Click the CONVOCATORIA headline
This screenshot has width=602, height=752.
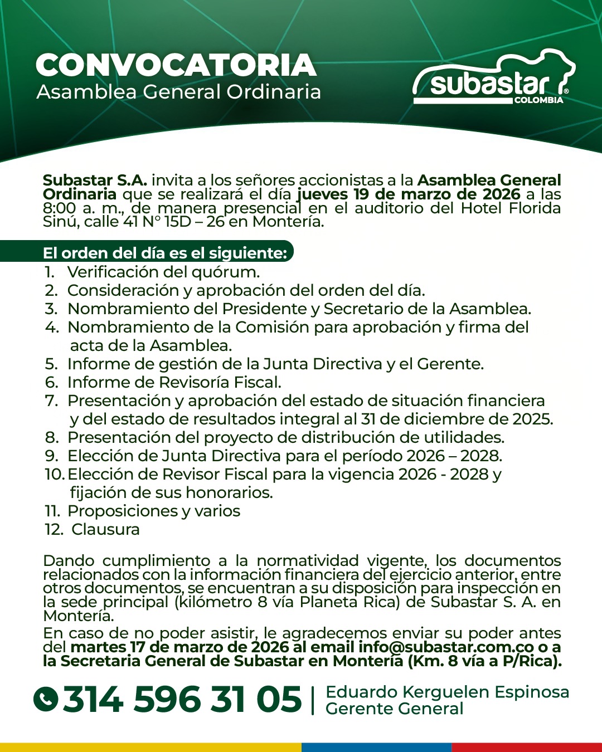click(176, 65)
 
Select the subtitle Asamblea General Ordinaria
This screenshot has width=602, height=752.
click(178, 92)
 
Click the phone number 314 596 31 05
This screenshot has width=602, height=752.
click(182, 700)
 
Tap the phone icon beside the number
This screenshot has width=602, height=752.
click(46, 700)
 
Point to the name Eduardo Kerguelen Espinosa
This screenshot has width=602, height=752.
click(447, 692)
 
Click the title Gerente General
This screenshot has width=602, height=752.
click(395, 709)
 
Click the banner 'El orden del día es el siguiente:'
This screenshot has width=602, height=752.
click(165, 253)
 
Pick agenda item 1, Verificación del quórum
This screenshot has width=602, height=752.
click(163, 272)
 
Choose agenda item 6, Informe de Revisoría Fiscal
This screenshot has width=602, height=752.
click(174, 382)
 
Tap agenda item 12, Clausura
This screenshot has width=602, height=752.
click(105, 529)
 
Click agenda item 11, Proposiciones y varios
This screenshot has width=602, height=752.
click(153, 511)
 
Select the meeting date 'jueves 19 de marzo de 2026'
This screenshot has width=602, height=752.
click(408, 194)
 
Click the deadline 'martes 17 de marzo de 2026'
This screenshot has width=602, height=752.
click(179, 647)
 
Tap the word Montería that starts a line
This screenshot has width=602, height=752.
click(78, 616)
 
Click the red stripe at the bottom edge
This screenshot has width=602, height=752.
click(527, 747)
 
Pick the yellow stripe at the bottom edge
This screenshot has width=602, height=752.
click(151, 747)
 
